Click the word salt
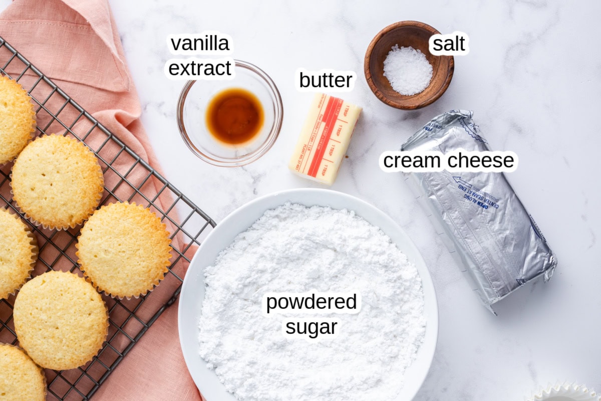449,44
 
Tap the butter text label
327,80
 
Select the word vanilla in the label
200,44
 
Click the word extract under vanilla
200,69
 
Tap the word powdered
311,303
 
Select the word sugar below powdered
311,327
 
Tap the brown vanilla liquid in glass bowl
235,115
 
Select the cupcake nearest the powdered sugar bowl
124,249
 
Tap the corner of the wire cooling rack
212,221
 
